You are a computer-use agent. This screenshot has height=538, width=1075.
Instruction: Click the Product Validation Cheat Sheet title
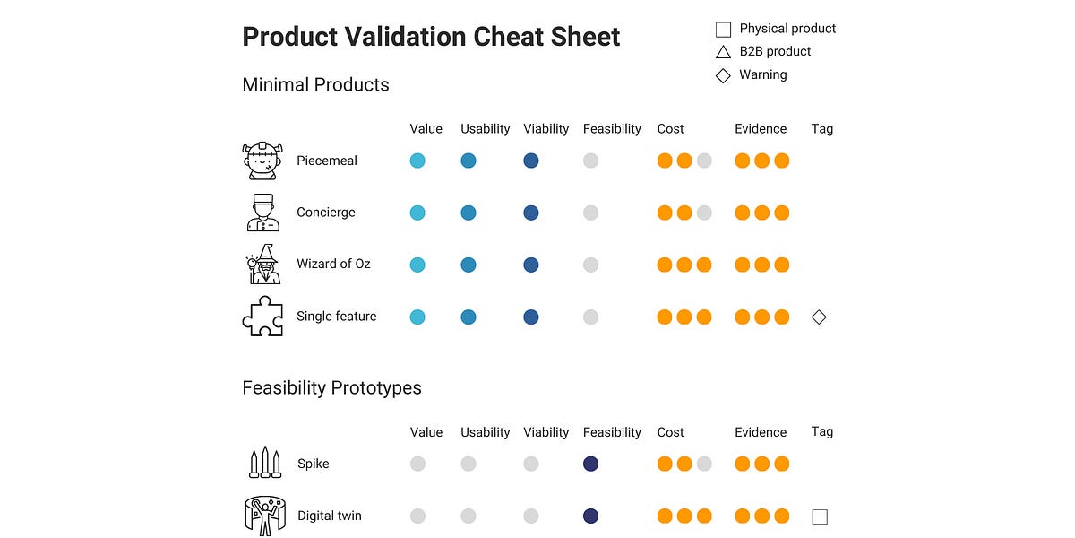pos(431,37)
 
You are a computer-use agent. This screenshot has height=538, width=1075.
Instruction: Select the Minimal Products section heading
pos(315,85)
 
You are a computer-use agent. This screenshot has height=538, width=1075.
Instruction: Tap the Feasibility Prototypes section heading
pos(331,388)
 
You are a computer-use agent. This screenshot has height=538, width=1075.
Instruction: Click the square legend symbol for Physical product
pos(723,30)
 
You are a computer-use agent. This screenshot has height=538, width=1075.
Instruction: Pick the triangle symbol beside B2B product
pos(723,52)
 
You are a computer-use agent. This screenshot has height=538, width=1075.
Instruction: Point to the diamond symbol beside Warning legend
pos(723,75)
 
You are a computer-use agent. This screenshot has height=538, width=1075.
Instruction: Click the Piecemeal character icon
pos(263,161)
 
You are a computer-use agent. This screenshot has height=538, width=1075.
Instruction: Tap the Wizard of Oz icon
pos(263,265)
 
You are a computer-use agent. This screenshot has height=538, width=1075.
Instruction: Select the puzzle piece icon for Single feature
pos(263,317)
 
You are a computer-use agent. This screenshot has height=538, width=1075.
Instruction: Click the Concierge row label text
pos(326,213)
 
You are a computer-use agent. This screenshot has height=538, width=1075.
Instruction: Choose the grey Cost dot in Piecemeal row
pos(704,161)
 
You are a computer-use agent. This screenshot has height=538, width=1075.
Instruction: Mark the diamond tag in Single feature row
pos(819,317)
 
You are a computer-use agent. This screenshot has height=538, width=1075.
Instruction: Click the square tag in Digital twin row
pos(819,516)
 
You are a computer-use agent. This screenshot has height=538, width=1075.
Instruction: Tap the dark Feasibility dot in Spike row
pos(590,464)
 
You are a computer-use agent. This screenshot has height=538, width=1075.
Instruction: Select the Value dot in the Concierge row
pos(417,213)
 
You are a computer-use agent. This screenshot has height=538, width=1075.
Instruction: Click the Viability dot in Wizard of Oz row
pos(531,265)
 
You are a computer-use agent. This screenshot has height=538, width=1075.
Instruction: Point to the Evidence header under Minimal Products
pos(761,129)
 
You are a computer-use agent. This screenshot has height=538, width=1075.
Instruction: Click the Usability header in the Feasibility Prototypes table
pos(485,432)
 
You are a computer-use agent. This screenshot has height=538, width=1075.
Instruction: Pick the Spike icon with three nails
pos(264,464)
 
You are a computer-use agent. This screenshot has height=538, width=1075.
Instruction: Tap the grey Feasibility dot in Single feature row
pos(590,317)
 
